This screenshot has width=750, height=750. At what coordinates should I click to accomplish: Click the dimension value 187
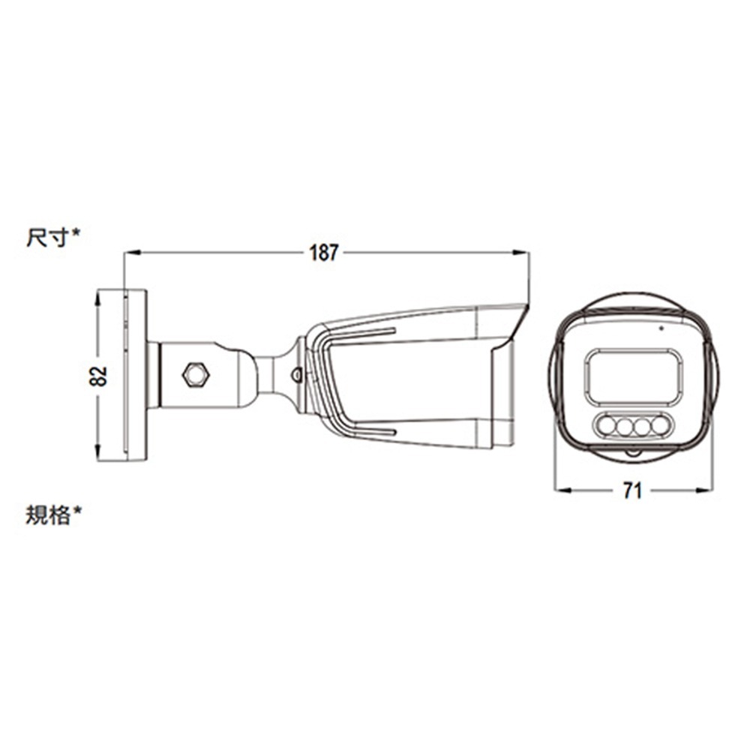click(324, 253)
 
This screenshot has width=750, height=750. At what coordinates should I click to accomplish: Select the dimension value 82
click(98, 376)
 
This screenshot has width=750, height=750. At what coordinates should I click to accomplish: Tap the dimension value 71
click(631, 490)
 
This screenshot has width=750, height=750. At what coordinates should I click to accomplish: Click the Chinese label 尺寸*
click(53, 237)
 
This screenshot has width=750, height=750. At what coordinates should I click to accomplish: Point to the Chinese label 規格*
click(53, 515)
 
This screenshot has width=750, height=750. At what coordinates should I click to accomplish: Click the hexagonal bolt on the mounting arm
click(196, 375)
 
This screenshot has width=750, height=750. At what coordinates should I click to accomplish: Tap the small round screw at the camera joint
click(296, 374)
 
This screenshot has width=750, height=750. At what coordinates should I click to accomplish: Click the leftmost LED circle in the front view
click(608, 426)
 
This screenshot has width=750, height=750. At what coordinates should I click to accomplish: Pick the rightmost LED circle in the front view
click(660, 425)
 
